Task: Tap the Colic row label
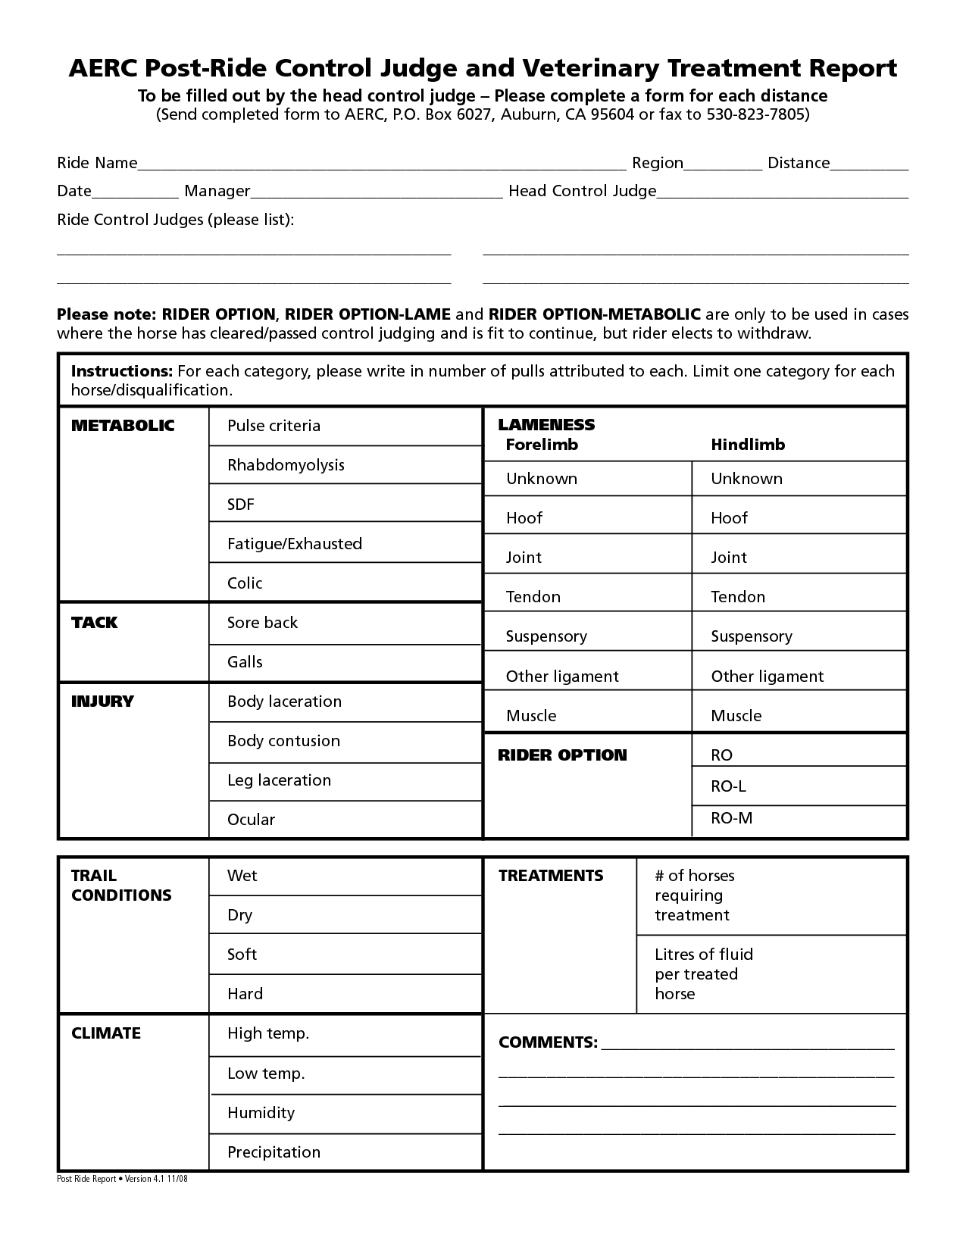click(245, 583)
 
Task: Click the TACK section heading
click(95, 623)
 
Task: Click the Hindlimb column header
click(748, 445)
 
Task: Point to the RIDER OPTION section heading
click(562, 755)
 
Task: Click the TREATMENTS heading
click(551, 876)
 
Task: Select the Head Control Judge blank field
click(783, 192)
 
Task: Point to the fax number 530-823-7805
click(755, 114)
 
